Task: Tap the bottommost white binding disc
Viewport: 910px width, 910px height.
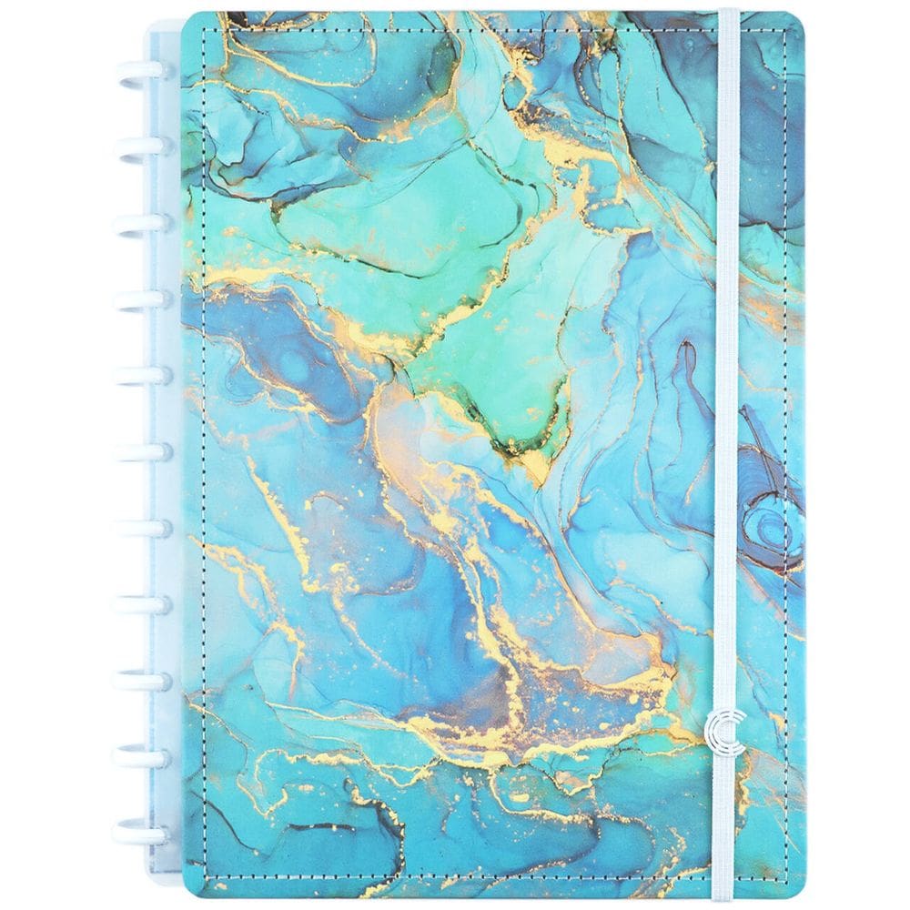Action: pyautogui.click(x=136, y=833)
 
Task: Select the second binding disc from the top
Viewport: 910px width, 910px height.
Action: pyautogui.click(x=136, y=147)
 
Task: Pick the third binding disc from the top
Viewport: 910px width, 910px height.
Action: pyautogui.click(x=136, y=223)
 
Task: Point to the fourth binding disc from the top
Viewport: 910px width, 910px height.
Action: pyautogui.click(x=136, y=299)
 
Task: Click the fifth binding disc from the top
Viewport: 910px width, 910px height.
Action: pyautogui.click(x=136, y=375)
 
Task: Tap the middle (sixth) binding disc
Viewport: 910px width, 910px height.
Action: pyautogui.click(x=136, y=451)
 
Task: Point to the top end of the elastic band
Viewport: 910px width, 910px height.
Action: pyautogui.click(x=727, y=15)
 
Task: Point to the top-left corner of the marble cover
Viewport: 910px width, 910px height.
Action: pyautogui.click(x=187, y=18)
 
